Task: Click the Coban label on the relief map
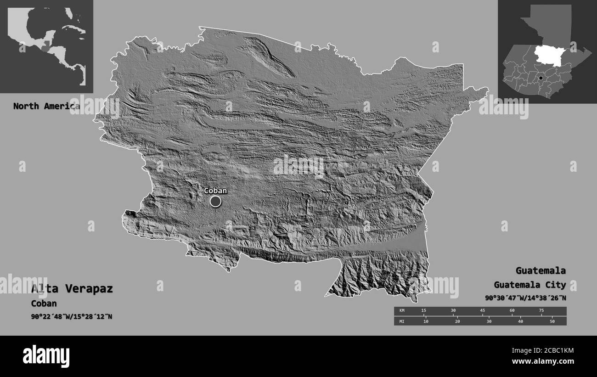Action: tap(215, 191)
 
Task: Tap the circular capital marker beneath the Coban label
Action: tap(215, 201)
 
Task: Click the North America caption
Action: tap(46, 106)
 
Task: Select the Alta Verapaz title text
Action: tap(72, 289)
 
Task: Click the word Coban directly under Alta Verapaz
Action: tap(44, 304)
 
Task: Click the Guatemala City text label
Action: tap(530, 285)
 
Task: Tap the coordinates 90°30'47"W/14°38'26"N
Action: tap(525, 298)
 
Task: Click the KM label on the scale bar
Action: tap(402, 311)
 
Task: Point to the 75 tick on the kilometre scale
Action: tap(541, 311)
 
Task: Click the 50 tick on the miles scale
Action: tap(552, 321)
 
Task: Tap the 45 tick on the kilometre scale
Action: tap(482, 311)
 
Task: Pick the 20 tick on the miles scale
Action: tap(457, 321)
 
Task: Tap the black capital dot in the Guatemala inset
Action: tap(541, 79)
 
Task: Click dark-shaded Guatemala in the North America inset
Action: tap(45, 47)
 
